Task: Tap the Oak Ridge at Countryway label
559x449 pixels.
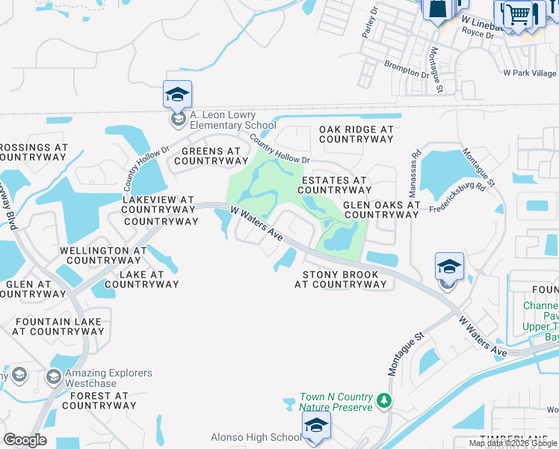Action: point(356,135)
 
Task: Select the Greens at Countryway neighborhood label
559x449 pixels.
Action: point(211,156)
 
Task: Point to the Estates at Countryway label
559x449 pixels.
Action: point(334,185)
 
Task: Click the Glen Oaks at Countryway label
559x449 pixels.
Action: point(380,210)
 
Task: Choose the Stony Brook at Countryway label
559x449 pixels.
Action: point(340,279)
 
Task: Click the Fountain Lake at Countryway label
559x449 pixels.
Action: point(58,326)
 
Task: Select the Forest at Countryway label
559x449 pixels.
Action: point(99,400)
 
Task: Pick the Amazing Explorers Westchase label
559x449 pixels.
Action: point(109,378)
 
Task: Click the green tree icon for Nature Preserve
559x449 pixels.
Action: point(384,402)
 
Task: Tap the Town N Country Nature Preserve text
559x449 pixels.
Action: point(336,402)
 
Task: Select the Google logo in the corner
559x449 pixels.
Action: point(25,439)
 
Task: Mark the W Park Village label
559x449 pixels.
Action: point(530,73)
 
